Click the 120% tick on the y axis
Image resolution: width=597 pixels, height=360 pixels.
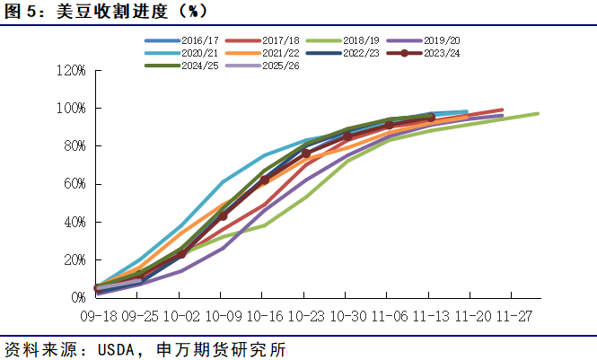pos(70,70)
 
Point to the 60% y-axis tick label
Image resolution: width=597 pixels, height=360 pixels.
pos(73,183)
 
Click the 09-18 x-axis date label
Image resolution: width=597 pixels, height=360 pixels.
pos(98,316)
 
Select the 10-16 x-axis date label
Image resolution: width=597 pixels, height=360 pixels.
pos(264,316)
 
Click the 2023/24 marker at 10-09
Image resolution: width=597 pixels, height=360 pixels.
pos(223,215)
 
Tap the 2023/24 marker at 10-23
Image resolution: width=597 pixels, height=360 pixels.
pos(306,154)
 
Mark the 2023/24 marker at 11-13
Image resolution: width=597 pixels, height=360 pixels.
pos(430,118)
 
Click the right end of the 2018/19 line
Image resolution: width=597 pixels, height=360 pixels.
pos(538,113)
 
